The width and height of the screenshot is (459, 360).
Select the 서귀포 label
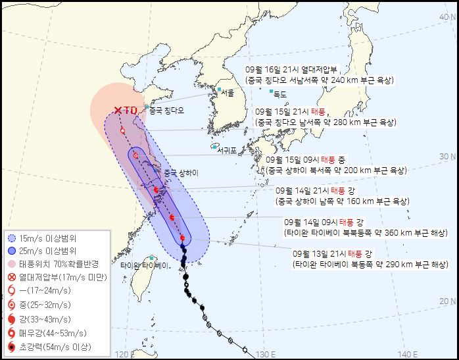229,149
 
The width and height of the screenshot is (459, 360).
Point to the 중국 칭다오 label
168,110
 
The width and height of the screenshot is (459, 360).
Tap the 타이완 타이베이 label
145,266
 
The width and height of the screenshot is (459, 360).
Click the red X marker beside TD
118,111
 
